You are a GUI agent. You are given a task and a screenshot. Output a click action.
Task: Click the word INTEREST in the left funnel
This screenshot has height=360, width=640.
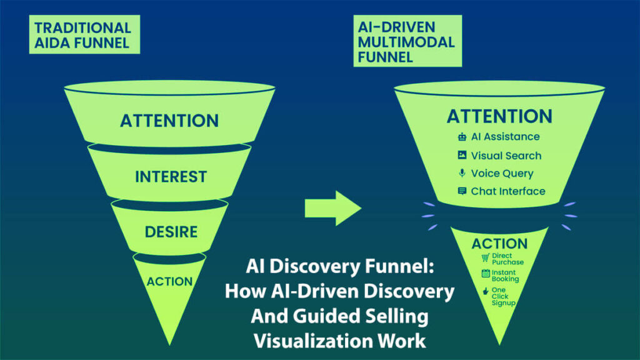171,177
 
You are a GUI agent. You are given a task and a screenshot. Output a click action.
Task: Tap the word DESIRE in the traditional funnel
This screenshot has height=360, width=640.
171,232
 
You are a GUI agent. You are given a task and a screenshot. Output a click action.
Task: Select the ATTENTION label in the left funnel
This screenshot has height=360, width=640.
169,120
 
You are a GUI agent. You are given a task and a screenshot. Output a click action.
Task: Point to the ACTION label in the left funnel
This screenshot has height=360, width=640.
169,281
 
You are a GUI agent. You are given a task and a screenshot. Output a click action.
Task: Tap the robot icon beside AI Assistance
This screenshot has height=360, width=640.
462,137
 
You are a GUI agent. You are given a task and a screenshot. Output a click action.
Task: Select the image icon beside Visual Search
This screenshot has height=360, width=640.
462,155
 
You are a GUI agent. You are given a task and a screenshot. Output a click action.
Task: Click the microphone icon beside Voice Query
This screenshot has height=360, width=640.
462,173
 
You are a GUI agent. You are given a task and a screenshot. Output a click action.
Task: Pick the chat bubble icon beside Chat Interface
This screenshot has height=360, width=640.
462,191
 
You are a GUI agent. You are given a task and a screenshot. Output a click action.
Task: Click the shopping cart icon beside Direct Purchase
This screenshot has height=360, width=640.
485,257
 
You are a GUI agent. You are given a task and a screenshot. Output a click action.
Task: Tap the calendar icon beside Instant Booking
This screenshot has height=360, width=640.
485,274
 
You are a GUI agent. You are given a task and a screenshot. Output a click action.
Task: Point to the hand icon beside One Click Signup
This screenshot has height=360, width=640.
485,291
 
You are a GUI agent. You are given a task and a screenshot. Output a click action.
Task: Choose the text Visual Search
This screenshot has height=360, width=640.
506,155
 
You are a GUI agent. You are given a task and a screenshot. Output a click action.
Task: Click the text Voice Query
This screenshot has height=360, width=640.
502,173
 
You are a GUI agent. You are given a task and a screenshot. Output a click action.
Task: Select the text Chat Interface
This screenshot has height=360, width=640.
508,191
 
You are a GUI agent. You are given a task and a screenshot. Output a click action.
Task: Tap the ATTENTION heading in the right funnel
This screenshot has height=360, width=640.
499,116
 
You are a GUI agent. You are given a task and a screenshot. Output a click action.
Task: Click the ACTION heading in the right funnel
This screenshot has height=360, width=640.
499,243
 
